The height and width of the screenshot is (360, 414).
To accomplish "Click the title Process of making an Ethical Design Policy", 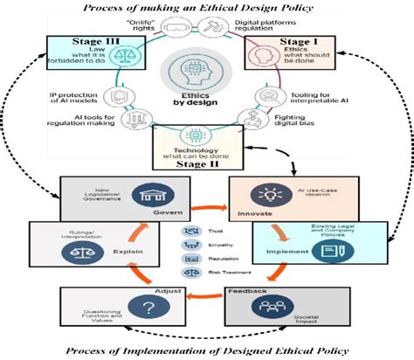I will coord(206,8).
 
